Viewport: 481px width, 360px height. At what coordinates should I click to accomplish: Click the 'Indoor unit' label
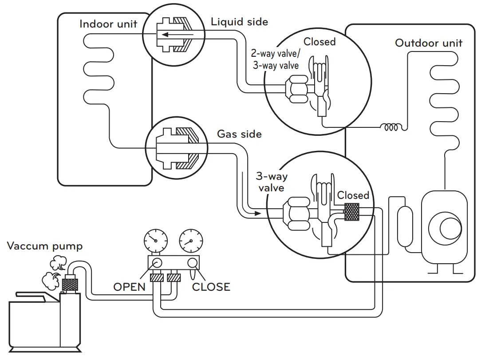[x=108, y=24]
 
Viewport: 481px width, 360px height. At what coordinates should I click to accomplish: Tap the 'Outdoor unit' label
[x=429, y=43]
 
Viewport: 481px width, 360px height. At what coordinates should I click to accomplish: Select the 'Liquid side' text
[x=239, y=21]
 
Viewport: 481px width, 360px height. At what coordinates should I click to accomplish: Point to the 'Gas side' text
[x=239, y=134]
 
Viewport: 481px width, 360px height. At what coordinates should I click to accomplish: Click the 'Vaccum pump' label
[x=45, y=246]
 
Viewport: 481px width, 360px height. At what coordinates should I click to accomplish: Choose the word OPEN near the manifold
[x=129, y=286]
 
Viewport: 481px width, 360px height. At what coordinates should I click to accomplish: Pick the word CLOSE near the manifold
[x=211, y=287]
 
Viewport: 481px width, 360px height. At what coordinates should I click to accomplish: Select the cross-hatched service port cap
[x=351, y=213]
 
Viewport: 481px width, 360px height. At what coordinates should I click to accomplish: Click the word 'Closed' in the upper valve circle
[x=319, y=42]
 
